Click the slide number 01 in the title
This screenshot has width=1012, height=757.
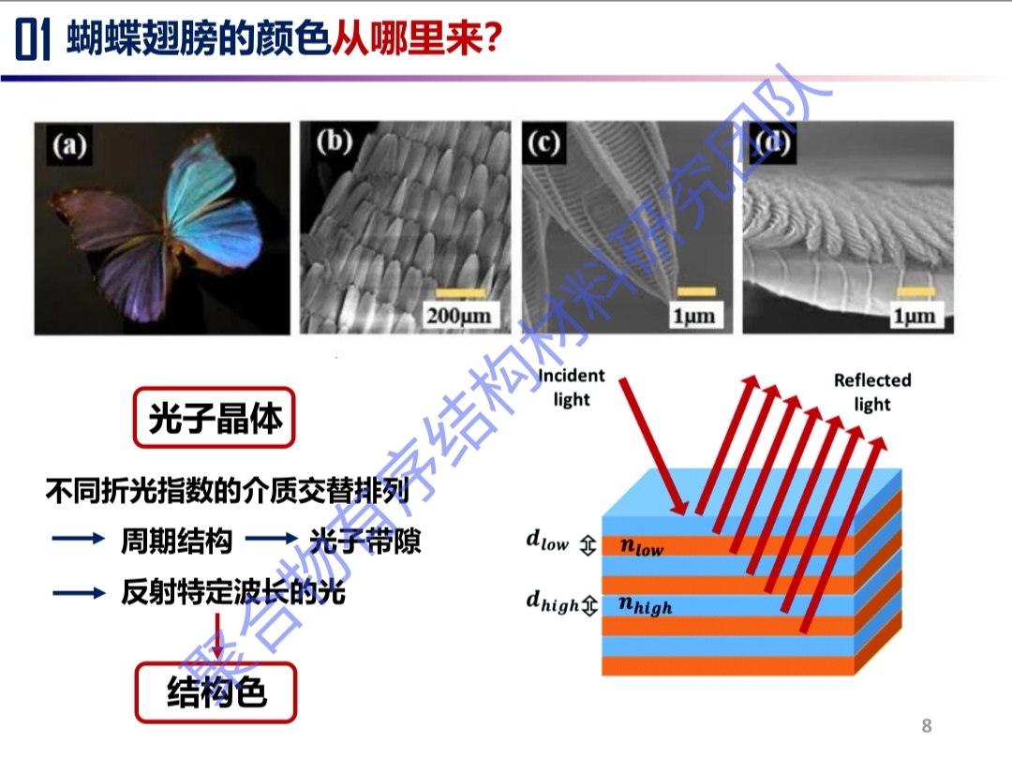click(32, 40)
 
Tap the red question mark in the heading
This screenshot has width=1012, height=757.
click(492, 39)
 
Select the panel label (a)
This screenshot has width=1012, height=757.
click(69, 145)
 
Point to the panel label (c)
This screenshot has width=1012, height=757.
click(543, 142)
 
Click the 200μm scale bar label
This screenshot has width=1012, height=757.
click(458, 316)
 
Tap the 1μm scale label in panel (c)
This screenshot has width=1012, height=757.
click(693, 316)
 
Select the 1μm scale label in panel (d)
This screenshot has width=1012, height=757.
click(914, 316)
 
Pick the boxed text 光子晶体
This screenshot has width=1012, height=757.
click(215, 418)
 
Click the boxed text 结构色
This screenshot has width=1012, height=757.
click(216, 692)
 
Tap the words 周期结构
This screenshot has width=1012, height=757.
click(176, 541)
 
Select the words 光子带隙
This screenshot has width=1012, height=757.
click(365, 541)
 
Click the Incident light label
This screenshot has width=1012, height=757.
click(572, 387)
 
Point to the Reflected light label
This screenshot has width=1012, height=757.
click(872, 392)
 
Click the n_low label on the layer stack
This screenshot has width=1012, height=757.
click(641, 547)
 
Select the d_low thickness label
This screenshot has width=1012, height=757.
click(547, 541)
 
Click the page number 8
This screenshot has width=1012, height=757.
click(927, 726)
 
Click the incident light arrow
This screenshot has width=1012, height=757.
click(653, 447)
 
